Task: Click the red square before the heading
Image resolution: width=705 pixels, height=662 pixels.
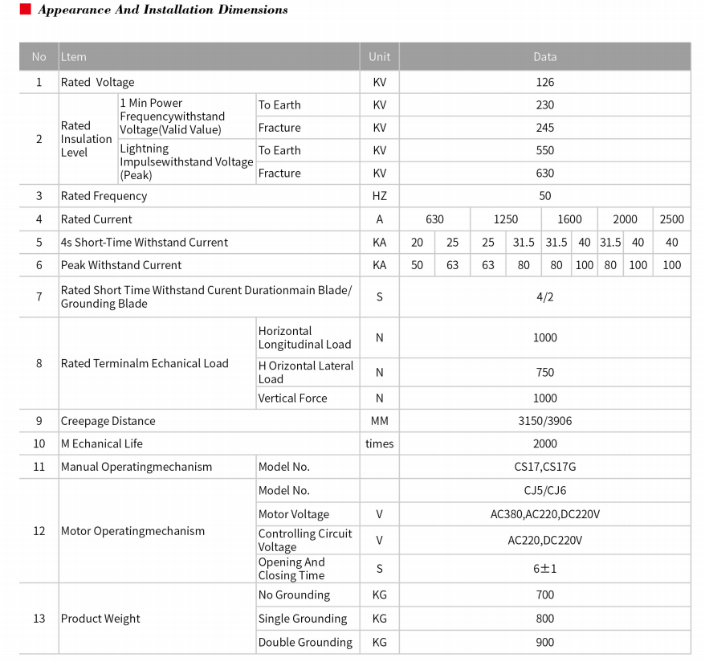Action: click(24, 10)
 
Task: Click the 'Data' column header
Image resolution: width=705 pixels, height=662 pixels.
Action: click(544, 57)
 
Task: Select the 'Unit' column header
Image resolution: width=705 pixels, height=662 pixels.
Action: click(379, 57)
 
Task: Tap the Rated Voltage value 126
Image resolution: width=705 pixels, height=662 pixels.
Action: click(544, 82)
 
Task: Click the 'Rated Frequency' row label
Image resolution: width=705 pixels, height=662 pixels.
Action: click(104, 196)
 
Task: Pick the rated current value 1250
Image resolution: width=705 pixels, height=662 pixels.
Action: click(505, 219)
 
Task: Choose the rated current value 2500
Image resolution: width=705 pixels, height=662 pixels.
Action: click(671, 219)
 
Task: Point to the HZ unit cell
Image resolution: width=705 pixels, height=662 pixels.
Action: click(379, 196)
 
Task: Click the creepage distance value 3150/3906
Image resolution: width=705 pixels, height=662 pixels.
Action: click(544, 421)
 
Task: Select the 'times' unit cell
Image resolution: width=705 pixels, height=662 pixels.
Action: click(379, 443)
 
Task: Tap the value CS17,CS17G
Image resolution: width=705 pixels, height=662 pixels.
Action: click(544, 467)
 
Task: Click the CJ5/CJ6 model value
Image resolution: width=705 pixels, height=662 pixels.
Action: click(544, 490)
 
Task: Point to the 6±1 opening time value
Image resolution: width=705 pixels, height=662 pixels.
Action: click(544, 569)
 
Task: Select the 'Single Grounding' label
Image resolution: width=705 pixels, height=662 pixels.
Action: click(302, 619)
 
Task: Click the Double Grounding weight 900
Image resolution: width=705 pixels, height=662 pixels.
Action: click(544, 642)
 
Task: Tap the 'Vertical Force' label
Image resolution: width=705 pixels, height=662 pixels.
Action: click(292, 398)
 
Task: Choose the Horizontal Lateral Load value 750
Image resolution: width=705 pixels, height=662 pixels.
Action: click(544, 372)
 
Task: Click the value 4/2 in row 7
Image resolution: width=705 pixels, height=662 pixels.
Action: click(544, 297)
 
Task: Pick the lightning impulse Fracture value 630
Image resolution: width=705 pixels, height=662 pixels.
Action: click(544, 174)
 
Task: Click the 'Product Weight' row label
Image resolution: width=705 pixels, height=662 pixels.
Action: click(100, 619)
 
